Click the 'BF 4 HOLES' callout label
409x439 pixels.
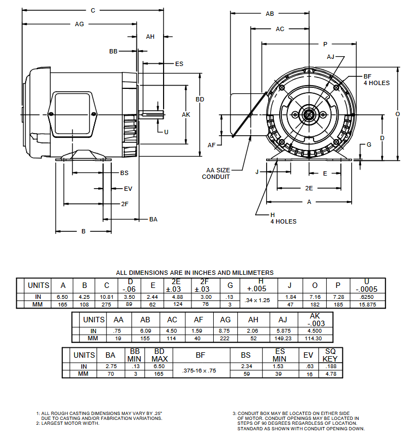click(376, 80)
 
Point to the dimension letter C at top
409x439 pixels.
click(93, 10)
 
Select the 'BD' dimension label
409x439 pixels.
click(200, 100)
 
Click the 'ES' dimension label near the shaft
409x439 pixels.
click(179, 64)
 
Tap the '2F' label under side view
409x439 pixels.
click(124, 204)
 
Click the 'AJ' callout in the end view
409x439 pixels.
click(330, 57)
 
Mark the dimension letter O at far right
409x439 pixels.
click(398, 114)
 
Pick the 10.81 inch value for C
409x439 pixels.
click(106, 296)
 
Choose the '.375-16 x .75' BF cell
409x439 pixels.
click(200, 370)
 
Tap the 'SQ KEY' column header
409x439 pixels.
click(330, 354)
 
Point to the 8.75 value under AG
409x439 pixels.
click(224, 331)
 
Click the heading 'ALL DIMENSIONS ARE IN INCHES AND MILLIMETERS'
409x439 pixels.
click(195, 273)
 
